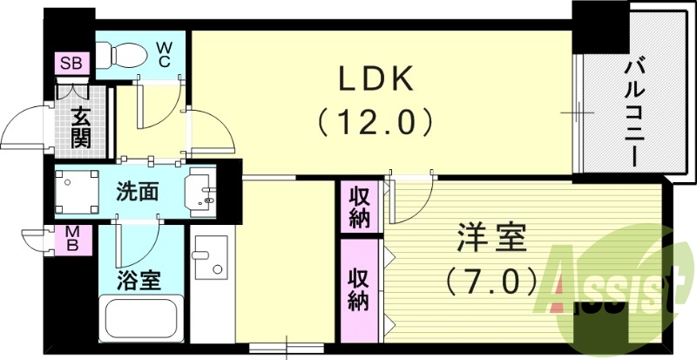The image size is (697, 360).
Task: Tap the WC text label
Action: pyautogui.click(x=164, y=54)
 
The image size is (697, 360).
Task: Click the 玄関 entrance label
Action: pyautogui.click(x=82, y=126)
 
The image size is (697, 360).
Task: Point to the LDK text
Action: pyautogui.click(x=375, y=80)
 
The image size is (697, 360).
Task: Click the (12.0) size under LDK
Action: pyautogui.click(x=375, y=120)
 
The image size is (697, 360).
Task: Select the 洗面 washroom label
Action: pyautogui.click(x=138, y=191)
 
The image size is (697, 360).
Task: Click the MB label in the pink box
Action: pyautogui.click(x=74, y=239)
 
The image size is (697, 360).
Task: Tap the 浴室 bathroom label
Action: pyautogui.click(x=138, y=280)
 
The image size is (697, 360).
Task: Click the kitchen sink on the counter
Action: pyautogui.click(x=210, y=256)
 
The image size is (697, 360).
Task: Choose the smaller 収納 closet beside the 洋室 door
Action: pyautogui.click(x=360, y=206)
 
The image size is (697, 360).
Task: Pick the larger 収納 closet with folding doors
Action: pyautogui.click(x=360, y=289)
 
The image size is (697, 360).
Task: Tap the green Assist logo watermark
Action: pyautogui.click(x=610, y=279)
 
